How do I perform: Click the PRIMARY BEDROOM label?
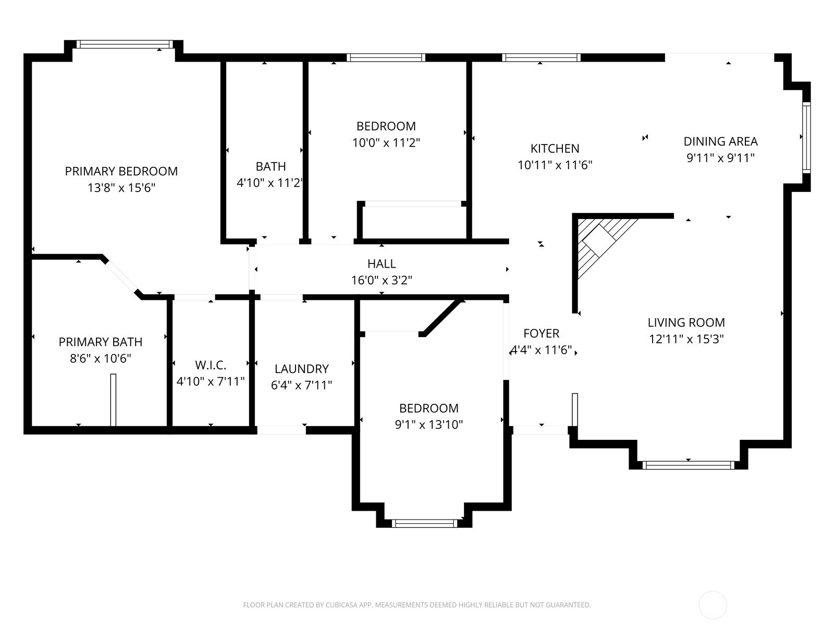coord(121,171)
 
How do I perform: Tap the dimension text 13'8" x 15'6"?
coord(121,188)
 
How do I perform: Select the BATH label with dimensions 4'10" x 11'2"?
coord(271,166)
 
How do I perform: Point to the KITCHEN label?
coord(555,149)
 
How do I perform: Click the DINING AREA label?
coord(720,141)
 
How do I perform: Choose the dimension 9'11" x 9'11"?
coord(720,158)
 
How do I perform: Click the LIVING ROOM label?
coord(686,322)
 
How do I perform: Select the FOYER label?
coord(541,333)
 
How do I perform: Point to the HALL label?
coord(382,264)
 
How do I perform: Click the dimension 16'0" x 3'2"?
coord(382,281)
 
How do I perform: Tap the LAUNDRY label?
coord(301,369)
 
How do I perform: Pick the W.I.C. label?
coord(211,365)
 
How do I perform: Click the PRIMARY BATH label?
coord(100,342)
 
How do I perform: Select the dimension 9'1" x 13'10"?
coord(428,425)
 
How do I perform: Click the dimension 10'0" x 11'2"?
coord(386,142)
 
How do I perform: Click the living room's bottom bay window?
coord(688,465)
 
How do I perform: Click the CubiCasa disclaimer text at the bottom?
coord(416,605)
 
